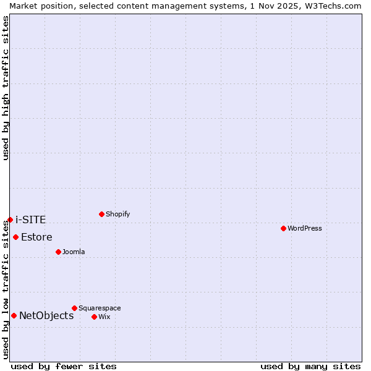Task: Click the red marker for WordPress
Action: [283, 228]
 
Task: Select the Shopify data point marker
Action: [101, 214]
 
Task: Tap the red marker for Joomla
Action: [58, 252]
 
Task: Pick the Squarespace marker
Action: [74, 308]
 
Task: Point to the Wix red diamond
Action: [94, 317]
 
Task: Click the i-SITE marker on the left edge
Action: [10, 220]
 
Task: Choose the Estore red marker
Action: [15, 237]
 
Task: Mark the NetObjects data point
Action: [14, 315]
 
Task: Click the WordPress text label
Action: [305, 228]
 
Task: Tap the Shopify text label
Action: [117, 214]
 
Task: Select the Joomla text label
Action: [74, 252]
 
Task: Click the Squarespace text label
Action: [100, 308]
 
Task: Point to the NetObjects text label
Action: [46, 315]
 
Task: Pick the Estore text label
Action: [36, 237]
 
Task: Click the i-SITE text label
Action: [30, 220]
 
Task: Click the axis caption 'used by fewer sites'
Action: [64, 366]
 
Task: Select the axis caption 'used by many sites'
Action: [310, 366]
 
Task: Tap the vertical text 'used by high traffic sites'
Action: [6, 88]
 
